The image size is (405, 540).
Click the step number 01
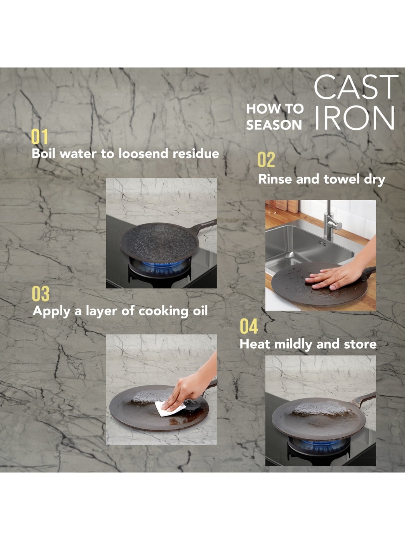(x=40, y=137)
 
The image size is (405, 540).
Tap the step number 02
(x=266, y=160)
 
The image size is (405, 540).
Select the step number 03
(x=41, y=294)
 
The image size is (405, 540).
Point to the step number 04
(x=249, y=326)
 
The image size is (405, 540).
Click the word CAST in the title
(x=356, y=87)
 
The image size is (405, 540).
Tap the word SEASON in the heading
(x=274, y=125)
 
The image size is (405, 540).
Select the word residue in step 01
(x=196, y=153)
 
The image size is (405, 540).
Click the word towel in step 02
(x=342, y=179)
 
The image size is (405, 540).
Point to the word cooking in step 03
(x=163, y=311)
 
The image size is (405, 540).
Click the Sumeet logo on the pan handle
(x=208, y=223)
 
